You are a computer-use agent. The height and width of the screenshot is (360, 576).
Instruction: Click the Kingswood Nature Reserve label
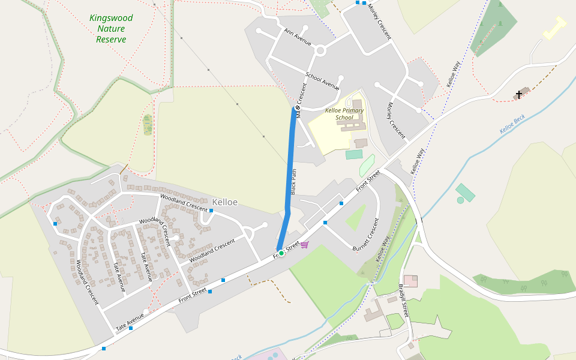111,29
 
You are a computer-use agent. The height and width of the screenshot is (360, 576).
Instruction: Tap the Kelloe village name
225,202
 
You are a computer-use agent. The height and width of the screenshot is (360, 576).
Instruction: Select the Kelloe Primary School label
344,114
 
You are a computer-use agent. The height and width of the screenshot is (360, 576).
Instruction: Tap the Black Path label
294,181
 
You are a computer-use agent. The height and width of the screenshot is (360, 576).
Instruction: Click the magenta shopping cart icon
304,244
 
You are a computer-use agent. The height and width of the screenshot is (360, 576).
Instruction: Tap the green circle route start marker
281,253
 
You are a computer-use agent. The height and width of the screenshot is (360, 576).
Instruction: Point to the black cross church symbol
519,95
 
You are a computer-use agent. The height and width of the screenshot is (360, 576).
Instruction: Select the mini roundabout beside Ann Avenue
320,51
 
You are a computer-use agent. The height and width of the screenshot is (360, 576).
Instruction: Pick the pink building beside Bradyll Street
410,280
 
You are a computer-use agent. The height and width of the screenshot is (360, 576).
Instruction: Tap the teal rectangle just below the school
354,154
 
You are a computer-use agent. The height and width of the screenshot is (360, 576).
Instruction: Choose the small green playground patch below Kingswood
148,124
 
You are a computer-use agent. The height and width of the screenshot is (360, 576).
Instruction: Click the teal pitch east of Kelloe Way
465,193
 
